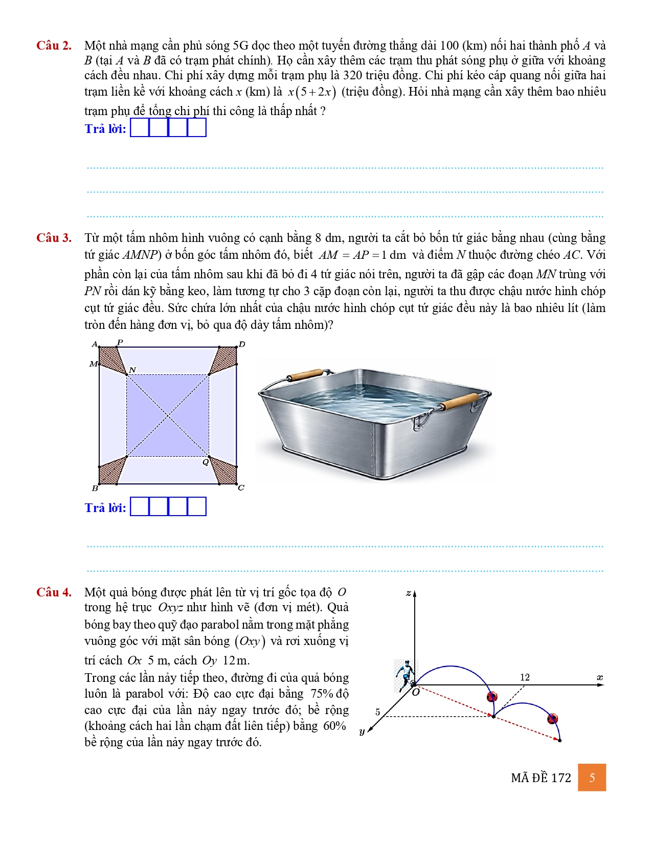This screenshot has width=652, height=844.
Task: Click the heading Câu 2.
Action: pyautogui.click(x=54, y=46)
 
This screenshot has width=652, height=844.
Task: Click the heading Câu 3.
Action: pyautogui.click(x=54, y=238)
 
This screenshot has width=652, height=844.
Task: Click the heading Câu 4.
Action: pyautogui.click(x=54, y=592)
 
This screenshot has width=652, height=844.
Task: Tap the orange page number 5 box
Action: pyautogui.click(x=592, y=778)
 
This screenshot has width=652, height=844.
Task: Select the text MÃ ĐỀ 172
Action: pyautogui.click(x=541, y=778)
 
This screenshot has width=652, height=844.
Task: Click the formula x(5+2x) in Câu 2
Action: pyautogui.click(x=311, y=92)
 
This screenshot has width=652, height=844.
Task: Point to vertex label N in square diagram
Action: pyautogui.click(x=132, y=370)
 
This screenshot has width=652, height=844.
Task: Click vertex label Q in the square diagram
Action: pyautogui.click(x=205, y=462)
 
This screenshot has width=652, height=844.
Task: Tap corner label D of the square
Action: pyautogui.click(x=242, y=344)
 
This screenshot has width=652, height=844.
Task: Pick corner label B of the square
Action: pyautogui.click(x=95, y=488)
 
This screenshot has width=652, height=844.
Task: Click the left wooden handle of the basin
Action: pyautogui.click(x=305, y=375)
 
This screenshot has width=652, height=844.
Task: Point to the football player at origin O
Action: pyautogui.click(x=406, y=675)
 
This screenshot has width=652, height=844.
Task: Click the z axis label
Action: pyautogui.click(x=408, y=593)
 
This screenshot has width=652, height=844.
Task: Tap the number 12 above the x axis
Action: pyautogui.click(x=525, y=677)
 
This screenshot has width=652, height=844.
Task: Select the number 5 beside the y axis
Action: pyautogui.click(x=377, y=712)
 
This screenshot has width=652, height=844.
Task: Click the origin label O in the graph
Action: pyautogui.click(x=416, y=693)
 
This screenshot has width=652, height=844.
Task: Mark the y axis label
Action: pyautogui.click(x=362, y=731)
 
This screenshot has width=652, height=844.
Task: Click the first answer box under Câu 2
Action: pyautogui.click(x=140, y=128)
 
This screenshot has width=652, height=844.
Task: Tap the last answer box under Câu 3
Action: pyautogui.click(x=197, y=507)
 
